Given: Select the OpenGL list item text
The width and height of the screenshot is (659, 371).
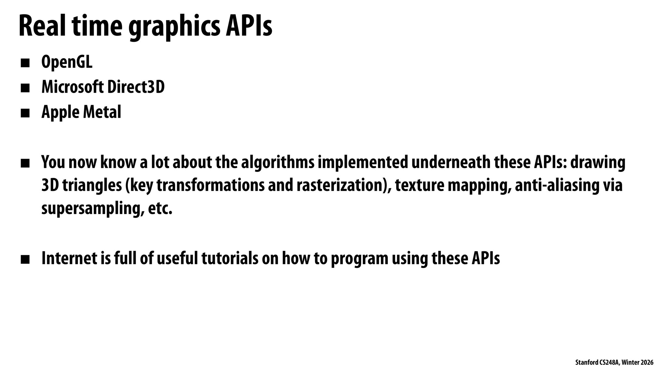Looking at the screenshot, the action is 67,62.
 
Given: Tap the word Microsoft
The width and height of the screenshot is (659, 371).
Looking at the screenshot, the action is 72,87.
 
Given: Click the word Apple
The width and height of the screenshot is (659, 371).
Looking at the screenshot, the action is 59,112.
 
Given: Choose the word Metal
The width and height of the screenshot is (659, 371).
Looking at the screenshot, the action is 101,112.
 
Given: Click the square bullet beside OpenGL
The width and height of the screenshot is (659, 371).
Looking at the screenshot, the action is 25,63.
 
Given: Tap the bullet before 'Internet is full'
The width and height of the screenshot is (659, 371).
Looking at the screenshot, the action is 25,259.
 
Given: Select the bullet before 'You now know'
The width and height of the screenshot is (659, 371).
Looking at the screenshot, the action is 25,163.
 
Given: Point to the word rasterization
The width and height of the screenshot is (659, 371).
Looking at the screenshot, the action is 339,185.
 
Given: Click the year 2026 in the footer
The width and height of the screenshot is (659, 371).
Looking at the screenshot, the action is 647,362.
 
